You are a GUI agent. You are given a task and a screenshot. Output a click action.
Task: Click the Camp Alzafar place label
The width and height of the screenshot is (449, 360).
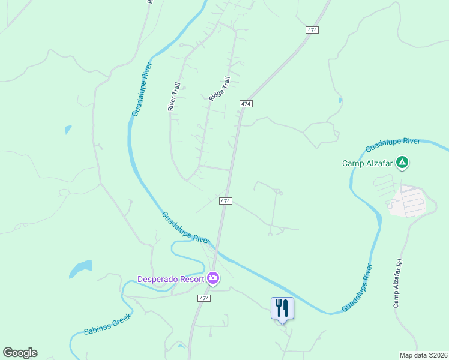click(369, 163)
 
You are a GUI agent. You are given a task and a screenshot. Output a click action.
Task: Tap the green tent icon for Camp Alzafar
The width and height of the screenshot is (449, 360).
click(403, 163)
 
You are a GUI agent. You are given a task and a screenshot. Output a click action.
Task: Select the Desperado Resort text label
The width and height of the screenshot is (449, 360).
click(170, 279)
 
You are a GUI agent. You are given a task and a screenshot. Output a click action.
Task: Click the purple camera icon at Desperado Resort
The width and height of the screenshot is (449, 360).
click(212, 278)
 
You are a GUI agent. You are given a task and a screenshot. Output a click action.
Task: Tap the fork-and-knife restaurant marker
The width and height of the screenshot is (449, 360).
click(282, 308)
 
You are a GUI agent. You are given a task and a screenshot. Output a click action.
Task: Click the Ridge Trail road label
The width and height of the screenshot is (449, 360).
click(219, 88)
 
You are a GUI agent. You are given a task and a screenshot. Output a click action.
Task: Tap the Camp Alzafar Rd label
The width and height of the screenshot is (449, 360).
click(398, 284)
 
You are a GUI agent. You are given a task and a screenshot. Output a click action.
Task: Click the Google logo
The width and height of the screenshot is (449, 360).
click(20, 353)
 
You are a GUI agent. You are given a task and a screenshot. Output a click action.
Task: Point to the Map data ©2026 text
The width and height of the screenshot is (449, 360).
click(423, 355)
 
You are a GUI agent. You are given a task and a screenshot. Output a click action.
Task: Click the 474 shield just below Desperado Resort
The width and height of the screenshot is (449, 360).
click(204, 298)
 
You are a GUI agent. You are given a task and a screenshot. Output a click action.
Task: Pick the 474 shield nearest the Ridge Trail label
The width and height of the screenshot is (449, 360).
click(245, 104)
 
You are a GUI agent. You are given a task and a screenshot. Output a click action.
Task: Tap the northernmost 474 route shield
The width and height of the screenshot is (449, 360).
click(312, 30)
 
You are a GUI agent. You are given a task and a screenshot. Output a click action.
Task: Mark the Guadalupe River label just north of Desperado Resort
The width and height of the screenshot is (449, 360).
click(185, 227)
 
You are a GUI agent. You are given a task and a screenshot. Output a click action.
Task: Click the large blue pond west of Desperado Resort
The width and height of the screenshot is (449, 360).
click(80, 268)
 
